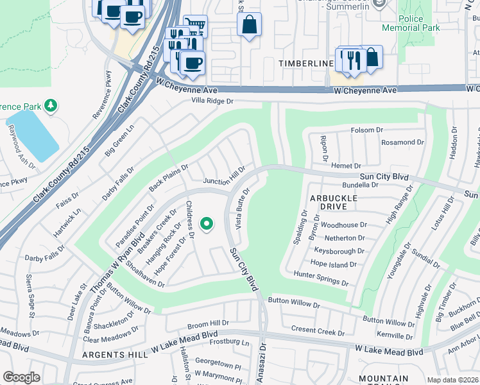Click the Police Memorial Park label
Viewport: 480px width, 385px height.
(411, 24)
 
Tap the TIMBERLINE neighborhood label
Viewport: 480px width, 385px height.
(306, 64)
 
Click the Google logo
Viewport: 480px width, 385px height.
(21, 377)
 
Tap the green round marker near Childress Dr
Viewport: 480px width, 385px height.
(207, 224)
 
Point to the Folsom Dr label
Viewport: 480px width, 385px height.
(367, 130)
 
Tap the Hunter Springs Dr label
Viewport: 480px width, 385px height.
(321, 279)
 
